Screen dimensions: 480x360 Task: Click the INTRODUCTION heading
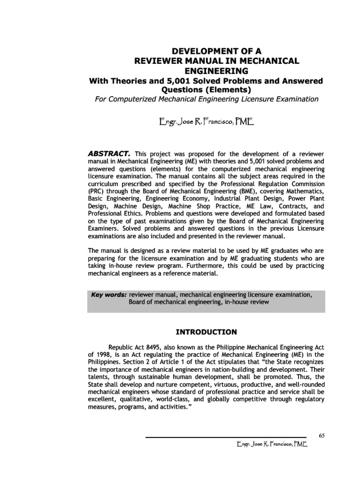(206, 332)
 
